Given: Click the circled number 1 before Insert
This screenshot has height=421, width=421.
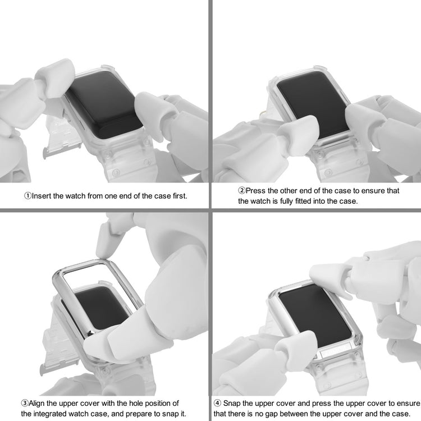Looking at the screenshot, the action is coord(28,196).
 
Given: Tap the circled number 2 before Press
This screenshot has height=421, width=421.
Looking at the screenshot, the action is coord(242,191).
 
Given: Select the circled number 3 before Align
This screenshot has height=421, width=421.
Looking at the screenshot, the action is coord(25,403).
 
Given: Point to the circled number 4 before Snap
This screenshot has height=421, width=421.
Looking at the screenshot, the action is coord(217,403).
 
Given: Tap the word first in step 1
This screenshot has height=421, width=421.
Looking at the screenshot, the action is coord(180,196).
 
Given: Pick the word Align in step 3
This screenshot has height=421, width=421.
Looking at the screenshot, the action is coord(36,403).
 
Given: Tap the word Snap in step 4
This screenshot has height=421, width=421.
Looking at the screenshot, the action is coord(231,403).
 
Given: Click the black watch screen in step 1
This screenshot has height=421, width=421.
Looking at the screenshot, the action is coord(103,106).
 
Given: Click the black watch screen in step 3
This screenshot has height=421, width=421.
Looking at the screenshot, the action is coord(99,308).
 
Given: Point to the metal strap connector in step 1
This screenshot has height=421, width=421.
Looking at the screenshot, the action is coord(62,150).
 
